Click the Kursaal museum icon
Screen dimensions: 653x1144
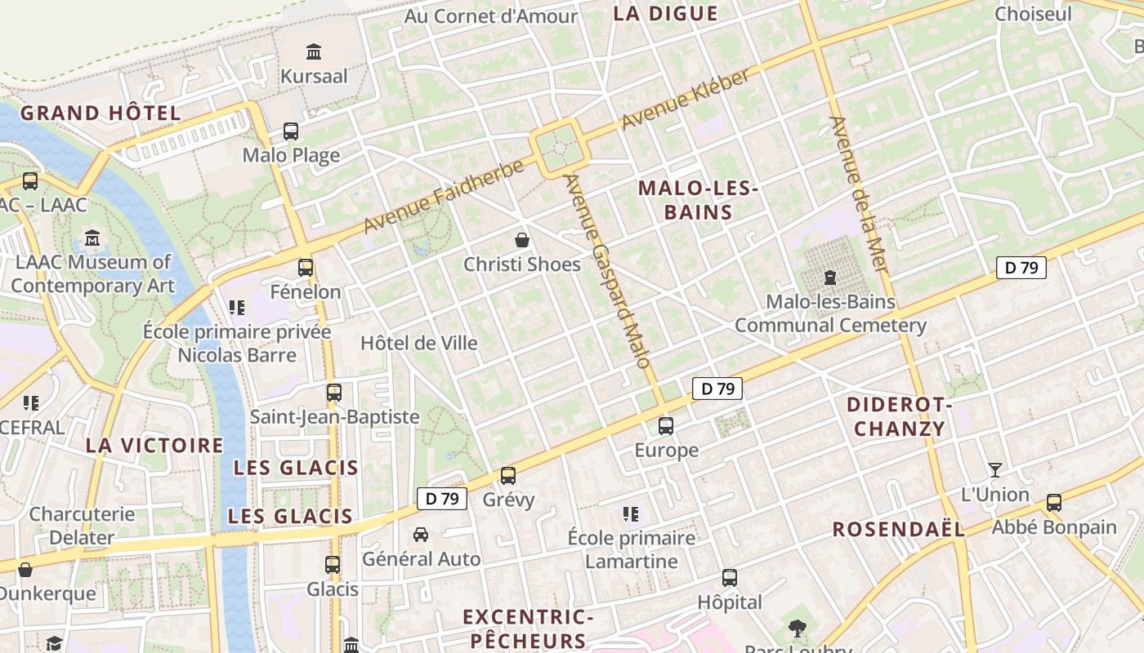coord(314,52)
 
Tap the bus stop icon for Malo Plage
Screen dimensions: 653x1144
coord(291,131)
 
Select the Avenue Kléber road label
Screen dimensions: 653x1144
coord(686,100)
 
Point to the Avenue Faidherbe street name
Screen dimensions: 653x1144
coord(444,196)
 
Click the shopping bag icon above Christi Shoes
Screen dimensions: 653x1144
coord(521,240)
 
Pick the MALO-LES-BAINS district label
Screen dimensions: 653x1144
coord(698,200)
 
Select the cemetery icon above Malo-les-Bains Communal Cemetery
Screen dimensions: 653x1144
coord(830,278)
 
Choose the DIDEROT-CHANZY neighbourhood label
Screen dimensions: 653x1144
coord(900,416)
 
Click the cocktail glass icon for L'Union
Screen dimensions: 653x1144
coord(994,469)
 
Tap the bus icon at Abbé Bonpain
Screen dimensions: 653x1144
coord(1054,502)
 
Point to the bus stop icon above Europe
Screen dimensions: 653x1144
coord(666,425)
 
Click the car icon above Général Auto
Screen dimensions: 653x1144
coord(421,535)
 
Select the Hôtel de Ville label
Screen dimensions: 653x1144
coord(419,343)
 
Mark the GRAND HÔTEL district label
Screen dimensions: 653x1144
coord(101,113)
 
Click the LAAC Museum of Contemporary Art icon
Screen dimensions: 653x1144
coord(92,238)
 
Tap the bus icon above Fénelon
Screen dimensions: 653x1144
coord(306,267)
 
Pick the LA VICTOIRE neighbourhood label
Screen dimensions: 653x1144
coord(154,445)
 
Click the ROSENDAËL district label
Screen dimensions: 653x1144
coord(899,529)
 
